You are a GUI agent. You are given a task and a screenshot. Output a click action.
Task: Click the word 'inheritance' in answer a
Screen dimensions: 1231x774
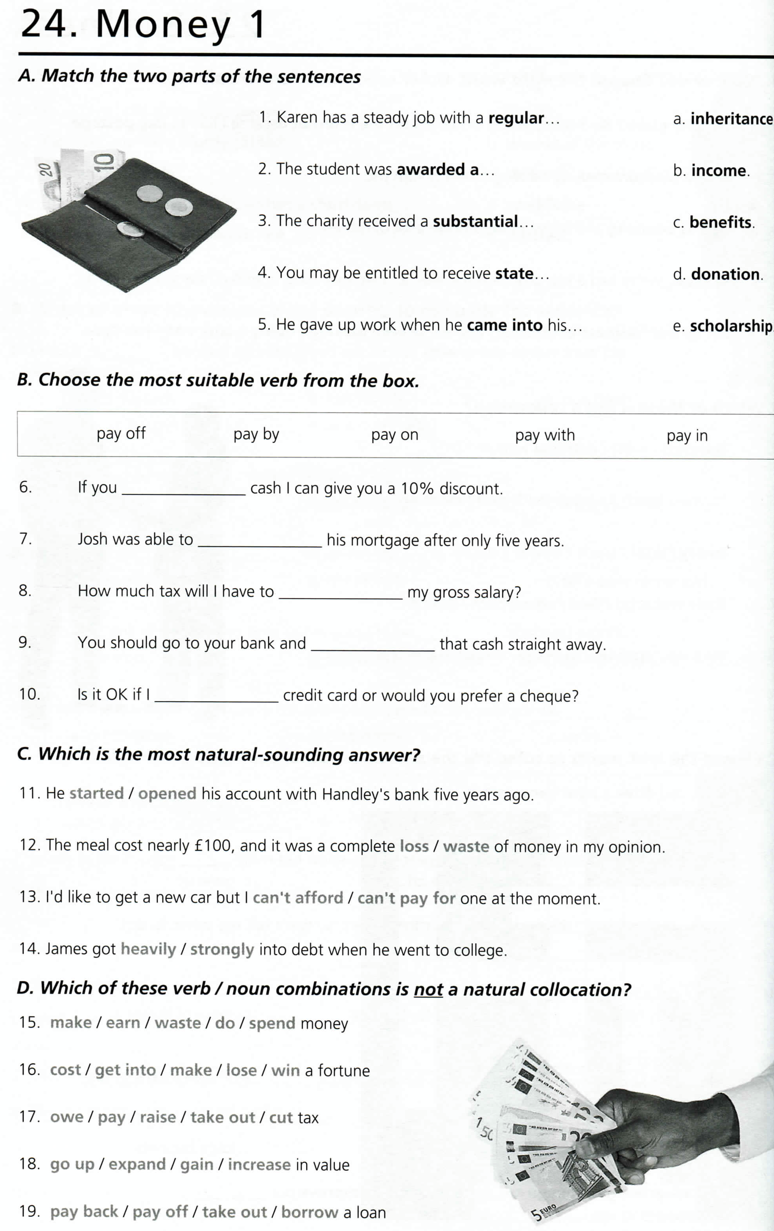[731, 119]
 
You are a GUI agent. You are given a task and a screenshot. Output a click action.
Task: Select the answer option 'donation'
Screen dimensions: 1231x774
[725, 274]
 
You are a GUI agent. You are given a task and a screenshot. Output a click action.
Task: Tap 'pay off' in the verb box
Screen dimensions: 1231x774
[121, 434]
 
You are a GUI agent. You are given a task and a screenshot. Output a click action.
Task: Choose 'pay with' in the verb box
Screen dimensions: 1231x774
[544, 435]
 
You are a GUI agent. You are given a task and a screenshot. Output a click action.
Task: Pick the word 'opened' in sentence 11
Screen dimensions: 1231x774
[167, 793]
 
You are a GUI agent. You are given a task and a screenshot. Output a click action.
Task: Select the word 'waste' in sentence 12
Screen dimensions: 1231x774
[466, 846]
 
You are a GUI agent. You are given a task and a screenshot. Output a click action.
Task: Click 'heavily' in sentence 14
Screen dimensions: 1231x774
[148, 949]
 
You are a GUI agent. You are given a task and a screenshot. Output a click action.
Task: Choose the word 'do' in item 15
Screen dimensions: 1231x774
[225, 1023]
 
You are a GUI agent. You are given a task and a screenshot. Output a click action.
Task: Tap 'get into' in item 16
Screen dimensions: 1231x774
[125, 1070]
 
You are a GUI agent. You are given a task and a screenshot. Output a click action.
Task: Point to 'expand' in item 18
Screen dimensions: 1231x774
[137, 1165]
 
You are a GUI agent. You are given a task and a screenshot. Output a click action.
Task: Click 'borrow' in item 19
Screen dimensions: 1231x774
[309, 1212]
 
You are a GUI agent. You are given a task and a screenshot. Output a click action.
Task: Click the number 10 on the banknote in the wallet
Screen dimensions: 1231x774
[104, 162]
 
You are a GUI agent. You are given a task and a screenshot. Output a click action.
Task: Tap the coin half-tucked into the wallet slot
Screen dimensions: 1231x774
[130, 230]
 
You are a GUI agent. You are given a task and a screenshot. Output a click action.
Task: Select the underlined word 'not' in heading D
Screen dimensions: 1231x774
[428, 990]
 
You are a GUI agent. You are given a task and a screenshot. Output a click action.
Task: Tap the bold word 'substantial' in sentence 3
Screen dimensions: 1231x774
[475, 221]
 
